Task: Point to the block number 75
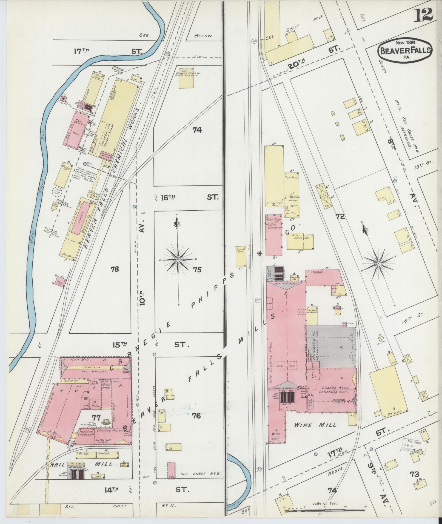pos(197,270)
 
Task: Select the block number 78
pos(115,269)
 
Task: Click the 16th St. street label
pos(189,197)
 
